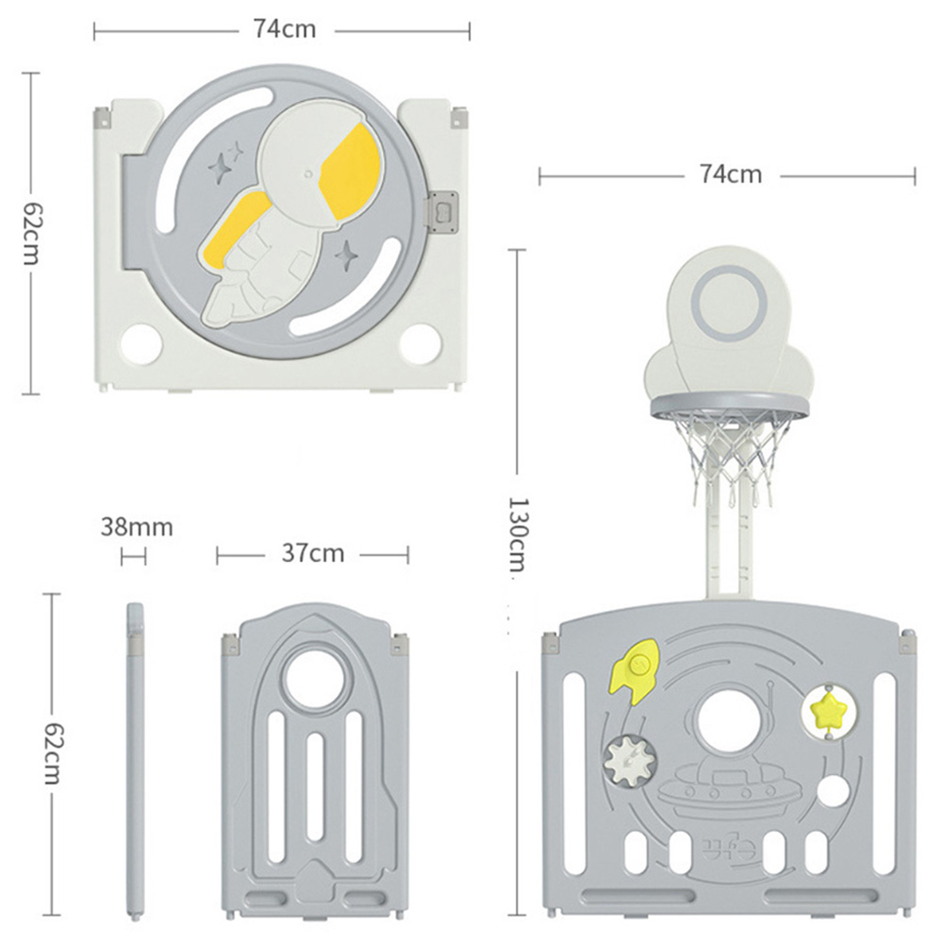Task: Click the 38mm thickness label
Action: coord(137,527)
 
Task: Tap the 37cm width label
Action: coord(313,554)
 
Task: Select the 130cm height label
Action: coord(517,534)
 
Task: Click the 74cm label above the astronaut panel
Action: coord(284,29)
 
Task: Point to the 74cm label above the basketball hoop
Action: coord(731,174)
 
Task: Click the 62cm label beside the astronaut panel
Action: coord(31,232)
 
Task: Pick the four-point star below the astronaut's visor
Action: coord(346,256)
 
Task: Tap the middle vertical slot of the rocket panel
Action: coord(315,788)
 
